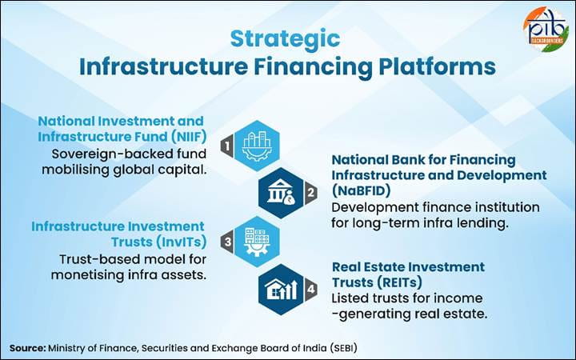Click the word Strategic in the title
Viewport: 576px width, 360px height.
tap(285, 38)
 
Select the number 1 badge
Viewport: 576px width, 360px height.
tap(227, 146)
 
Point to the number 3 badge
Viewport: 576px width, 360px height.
tap(226, 240)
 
